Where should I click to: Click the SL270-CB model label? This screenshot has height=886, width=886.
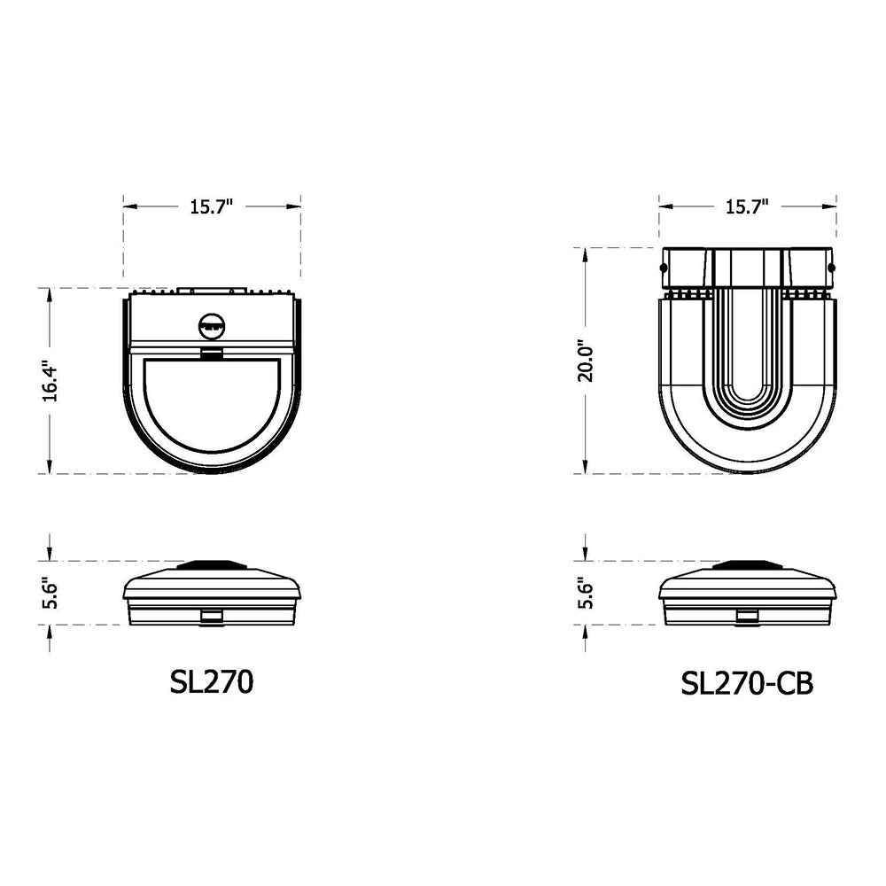pos(747,683)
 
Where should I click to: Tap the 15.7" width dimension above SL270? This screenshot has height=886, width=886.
pos(211,206)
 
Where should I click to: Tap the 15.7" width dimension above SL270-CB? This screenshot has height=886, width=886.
pos(747,206)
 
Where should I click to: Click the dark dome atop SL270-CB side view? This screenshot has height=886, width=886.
pos(747,564)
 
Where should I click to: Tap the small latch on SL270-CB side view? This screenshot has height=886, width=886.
pos(747,615)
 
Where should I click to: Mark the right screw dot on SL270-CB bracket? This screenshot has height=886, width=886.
pos(831,266)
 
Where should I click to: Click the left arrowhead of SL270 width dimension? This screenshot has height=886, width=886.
pos(128,206)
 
